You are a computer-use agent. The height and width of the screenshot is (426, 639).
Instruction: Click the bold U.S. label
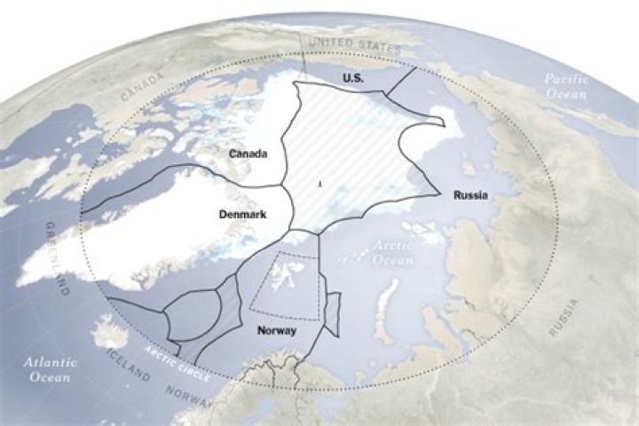tap(354, 79)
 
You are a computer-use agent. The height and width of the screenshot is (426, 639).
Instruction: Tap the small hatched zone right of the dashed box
tap(332, 313)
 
